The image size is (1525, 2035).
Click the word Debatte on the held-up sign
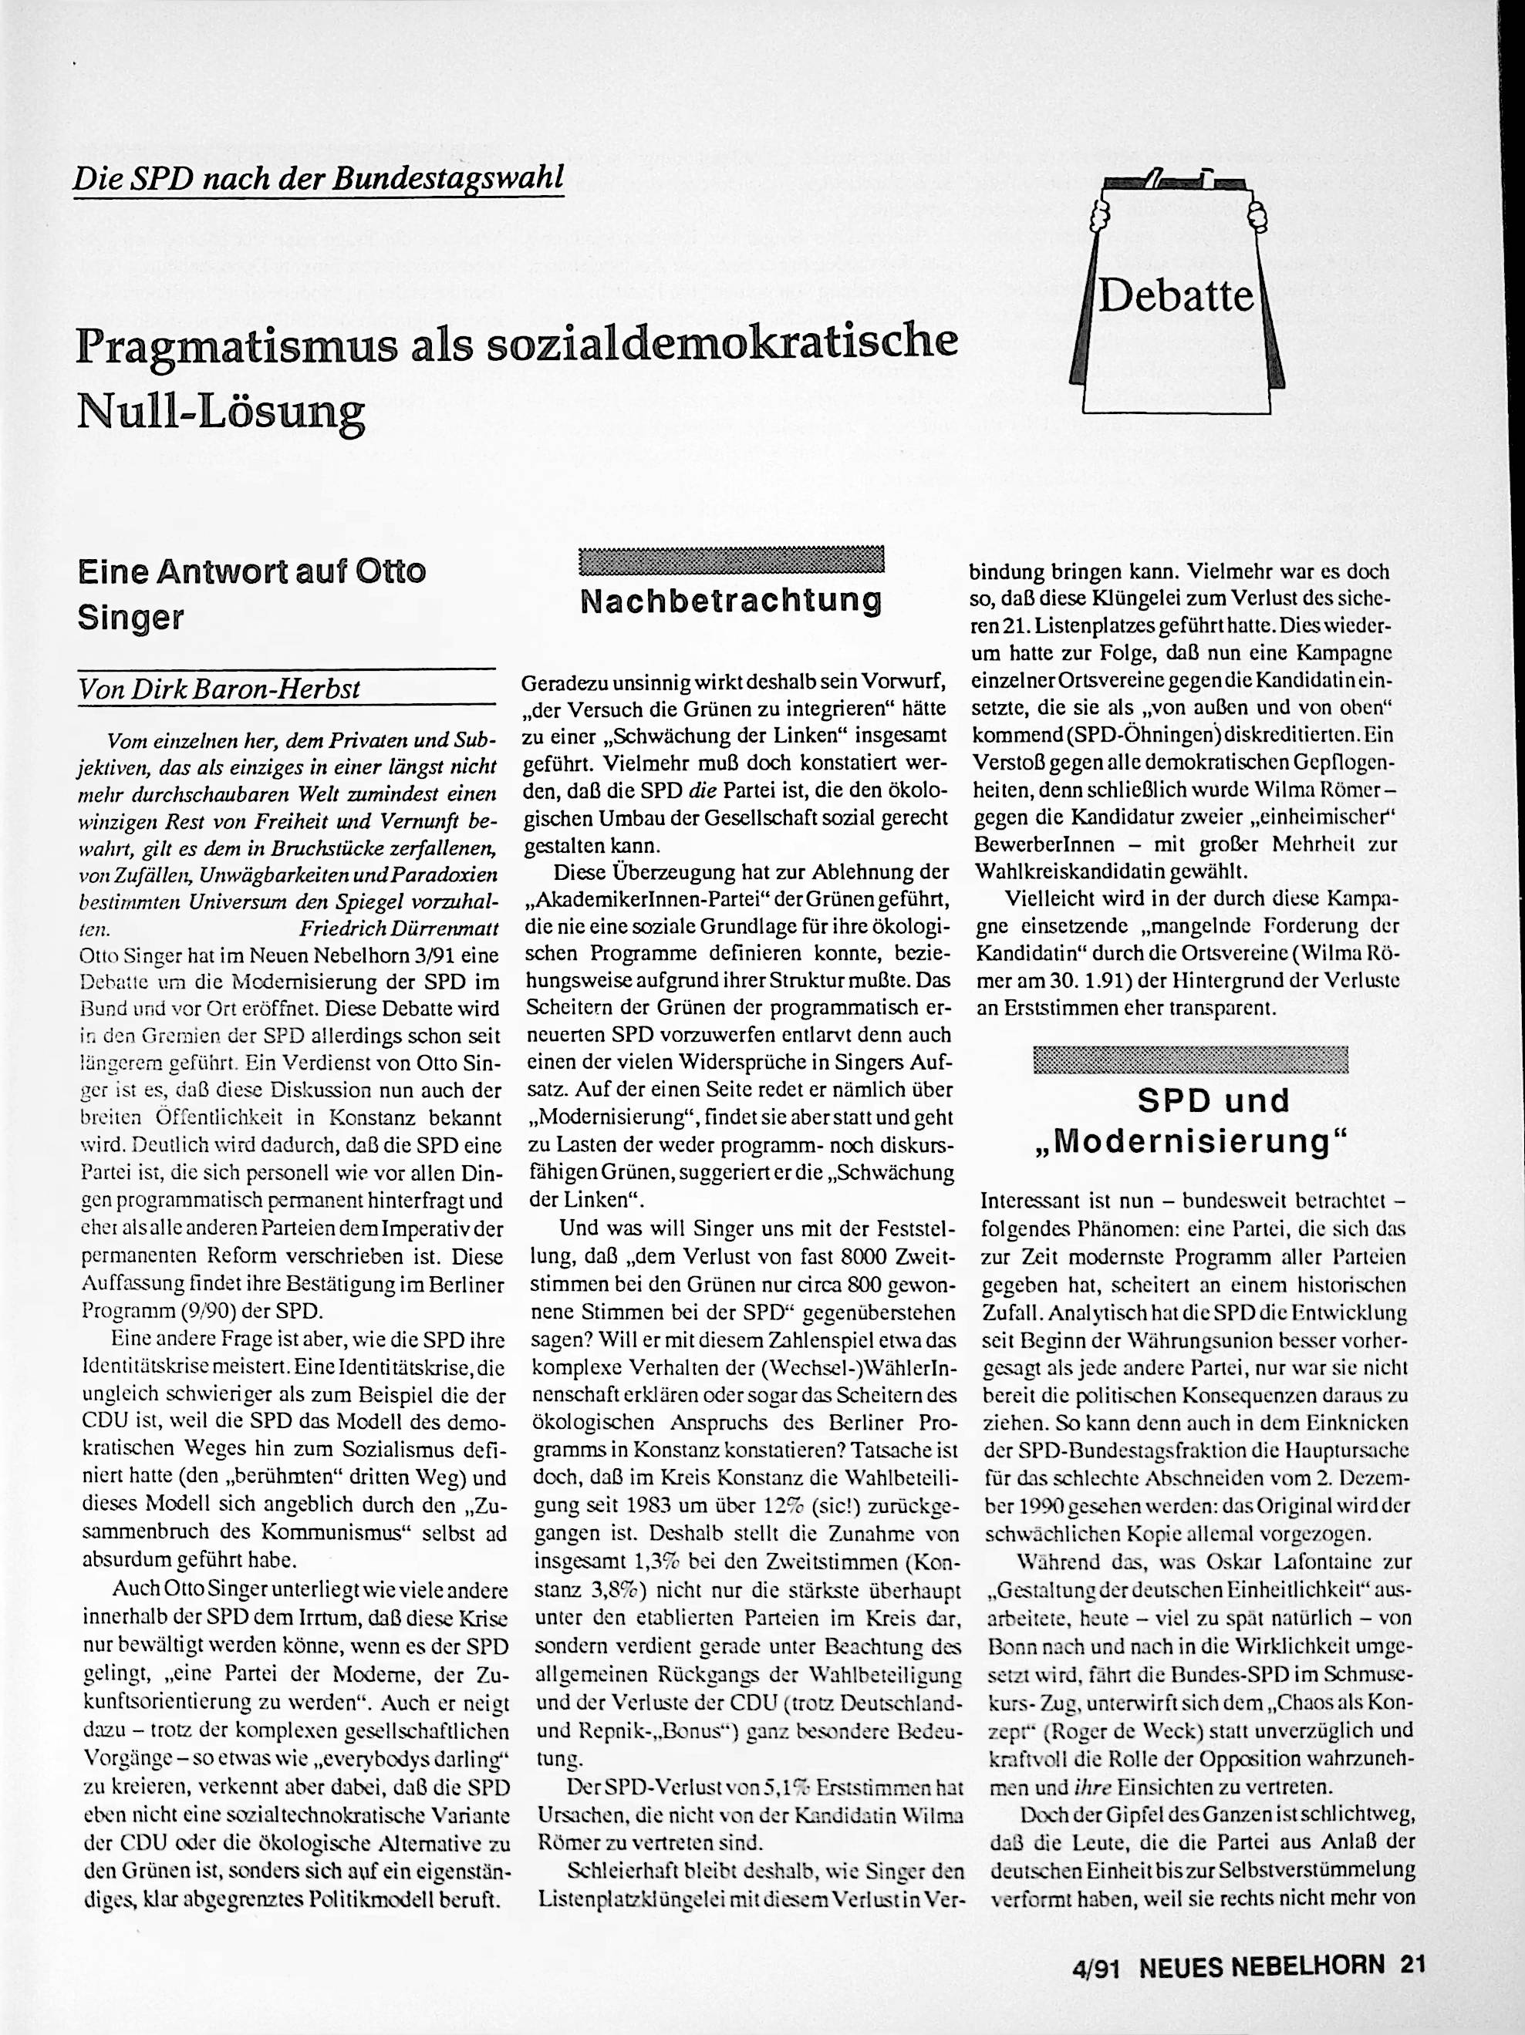(1177, 296)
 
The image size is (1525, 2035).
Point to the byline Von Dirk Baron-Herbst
(220, 689)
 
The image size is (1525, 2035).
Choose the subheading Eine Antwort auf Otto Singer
(251, 595)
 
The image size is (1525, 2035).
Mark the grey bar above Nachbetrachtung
(732, 559)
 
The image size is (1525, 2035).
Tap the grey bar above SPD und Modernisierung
(1191, 1060)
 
